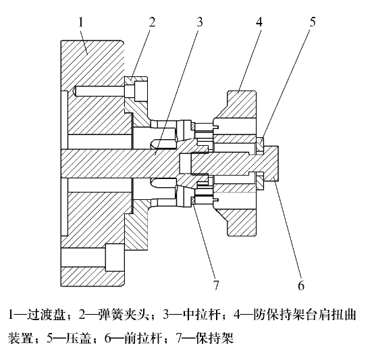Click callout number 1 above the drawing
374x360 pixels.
pos(81,23)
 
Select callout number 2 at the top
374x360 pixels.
pos(152,22)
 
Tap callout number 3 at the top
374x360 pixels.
pos(200,22)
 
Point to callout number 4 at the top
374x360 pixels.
pos(259,22)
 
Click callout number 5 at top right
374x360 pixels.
pos(313,22)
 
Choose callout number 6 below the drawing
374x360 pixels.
pos(301,285)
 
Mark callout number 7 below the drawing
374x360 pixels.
pos(216,285)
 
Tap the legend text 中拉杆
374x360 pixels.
pos(201,315)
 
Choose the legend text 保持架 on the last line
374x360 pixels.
pos(214,338)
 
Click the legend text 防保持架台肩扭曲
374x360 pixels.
pos(304,315)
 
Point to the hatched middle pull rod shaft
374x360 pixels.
pos(119,163)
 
